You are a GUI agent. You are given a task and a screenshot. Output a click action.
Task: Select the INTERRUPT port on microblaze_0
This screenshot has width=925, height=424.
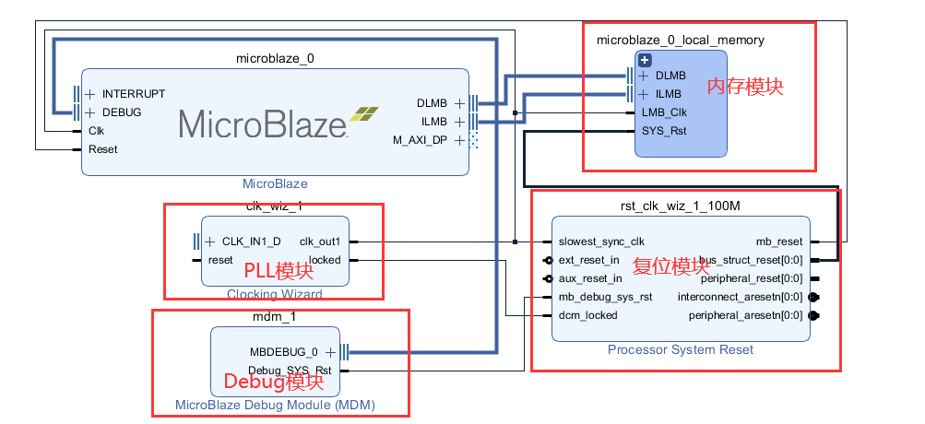[x=133, y=94]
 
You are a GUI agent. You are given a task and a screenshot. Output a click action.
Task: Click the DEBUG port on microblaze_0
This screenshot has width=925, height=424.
[x=122, y=112]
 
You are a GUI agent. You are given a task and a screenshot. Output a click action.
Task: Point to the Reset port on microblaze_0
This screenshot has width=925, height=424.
[x=102, y=149]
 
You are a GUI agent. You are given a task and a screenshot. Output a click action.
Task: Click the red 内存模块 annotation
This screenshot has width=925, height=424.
[x=745, y=87]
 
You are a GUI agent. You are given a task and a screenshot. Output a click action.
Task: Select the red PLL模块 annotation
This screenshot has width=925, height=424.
[x=278, y=271]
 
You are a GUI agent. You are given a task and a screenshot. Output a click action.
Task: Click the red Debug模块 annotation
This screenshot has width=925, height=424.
[x=274, y=380]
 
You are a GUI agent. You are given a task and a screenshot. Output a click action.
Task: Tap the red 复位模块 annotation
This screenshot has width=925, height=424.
[x=670, y=267]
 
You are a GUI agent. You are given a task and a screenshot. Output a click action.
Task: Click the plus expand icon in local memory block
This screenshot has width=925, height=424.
[x=645, y=60]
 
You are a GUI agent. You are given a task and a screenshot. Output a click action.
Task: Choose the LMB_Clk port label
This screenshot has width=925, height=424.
[x=664, y=112]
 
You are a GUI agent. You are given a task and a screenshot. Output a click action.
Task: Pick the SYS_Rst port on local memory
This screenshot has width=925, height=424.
[x=664, y=131]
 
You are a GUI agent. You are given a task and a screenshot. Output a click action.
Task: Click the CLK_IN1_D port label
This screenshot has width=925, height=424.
[x=251, y=241]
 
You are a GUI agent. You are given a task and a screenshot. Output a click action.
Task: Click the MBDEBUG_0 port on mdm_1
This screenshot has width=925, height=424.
[x=283, y=352]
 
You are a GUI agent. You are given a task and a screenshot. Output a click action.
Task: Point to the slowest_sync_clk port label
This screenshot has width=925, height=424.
[x=601, y=241]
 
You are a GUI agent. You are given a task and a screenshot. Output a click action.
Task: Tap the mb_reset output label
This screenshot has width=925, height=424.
[x=779, y=241]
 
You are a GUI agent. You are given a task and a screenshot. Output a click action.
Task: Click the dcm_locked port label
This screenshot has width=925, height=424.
[x=587, y=315]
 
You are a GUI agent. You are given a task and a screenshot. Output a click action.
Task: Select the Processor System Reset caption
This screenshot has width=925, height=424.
[x=680, y=349]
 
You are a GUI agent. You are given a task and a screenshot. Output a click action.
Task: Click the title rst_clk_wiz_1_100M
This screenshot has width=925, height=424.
[x=680, y=206]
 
